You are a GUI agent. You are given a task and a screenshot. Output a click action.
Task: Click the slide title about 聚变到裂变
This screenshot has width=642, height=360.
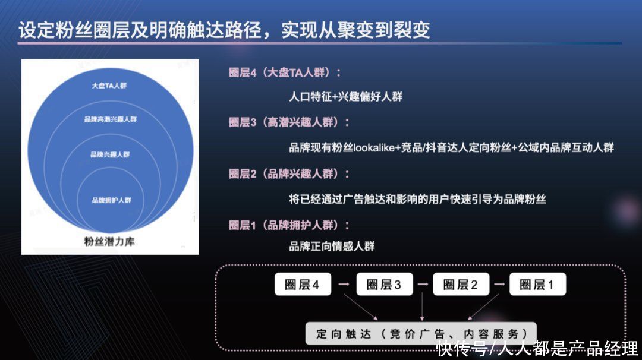pos(225,30)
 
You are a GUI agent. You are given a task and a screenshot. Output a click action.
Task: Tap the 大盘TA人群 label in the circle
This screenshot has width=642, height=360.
pos(109,86)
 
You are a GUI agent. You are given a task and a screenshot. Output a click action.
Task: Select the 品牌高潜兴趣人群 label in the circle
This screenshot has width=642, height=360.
pos(111,119)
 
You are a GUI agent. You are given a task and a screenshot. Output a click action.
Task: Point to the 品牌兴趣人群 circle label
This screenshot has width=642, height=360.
pos(110,154)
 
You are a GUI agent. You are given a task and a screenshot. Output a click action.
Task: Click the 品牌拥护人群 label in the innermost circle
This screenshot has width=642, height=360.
pos(111,200)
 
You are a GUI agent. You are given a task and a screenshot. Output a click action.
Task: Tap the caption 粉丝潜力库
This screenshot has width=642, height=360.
pos(109,242)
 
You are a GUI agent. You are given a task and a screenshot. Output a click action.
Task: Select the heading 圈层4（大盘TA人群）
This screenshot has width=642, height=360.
pos(285,73)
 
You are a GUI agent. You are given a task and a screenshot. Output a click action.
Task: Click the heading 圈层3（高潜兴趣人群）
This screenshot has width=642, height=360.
pos(289,123)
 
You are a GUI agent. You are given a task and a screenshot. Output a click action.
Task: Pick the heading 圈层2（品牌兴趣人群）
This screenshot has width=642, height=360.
pos(289,174)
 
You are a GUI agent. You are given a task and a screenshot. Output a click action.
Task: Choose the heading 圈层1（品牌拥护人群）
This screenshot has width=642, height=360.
pos(289,226)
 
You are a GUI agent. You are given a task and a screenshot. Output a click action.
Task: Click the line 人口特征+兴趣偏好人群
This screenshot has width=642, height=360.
pos(345,96)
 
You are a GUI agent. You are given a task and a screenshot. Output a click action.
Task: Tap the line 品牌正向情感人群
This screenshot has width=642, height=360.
pos(332,246)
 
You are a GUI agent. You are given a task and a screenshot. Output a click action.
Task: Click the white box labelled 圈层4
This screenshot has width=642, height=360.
pos(302,285)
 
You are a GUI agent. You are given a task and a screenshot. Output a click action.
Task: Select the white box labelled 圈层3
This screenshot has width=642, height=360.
pos(384,285)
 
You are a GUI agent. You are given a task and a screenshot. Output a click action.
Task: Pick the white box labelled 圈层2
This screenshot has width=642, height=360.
pos(461,285)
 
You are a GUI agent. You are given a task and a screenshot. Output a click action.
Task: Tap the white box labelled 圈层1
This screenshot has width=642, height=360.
pos(537,285)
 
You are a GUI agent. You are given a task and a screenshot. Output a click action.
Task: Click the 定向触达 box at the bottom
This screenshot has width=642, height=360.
pos(421,333)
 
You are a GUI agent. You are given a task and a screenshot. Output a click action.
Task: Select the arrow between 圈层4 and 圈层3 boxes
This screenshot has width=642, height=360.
pos(343,285)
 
